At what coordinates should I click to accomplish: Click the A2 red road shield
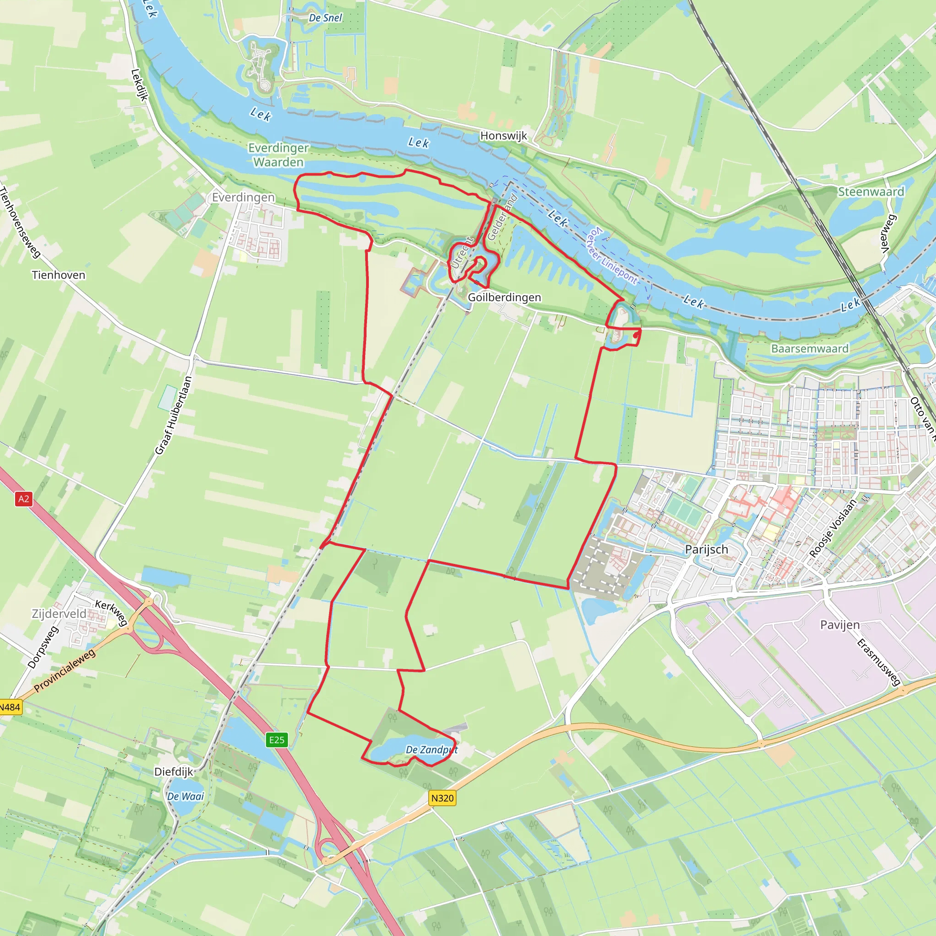coord(23,499)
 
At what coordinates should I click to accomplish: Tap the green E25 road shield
coord(277,740)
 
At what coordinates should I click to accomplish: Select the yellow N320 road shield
coord(442,798)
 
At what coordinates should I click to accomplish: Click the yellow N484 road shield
coord(10,707)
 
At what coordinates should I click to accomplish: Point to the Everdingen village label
coord(243,197)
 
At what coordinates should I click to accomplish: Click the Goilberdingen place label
coord(505,298)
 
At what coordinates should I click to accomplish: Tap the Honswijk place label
coord(503,136)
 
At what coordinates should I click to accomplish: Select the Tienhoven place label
coord(58,275)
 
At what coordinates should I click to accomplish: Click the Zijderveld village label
coord(59,614)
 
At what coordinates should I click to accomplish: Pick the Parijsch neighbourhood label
coord(707,549)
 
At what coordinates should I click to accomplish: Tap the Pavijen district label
coord(840,625)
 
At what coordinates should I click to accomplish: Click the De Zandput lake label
coord(431,750)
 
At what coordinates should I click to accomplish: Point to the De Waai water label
coord(185,797)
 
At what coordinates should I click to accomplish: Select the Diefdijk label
coord(173,772)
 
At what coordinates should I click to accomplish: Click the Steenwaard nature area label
coord(871,192)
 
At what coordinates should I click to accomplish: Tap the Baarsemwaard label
coord(809,349)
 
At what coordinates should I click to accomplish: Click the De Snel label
coord(325,18)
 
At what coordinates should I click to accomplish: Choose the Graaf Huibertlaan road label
coord(173,416)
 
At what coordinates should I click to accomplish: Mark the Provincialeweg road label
coord(65,670)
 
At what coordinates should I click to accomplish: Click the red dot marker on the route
coord(636,335)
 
